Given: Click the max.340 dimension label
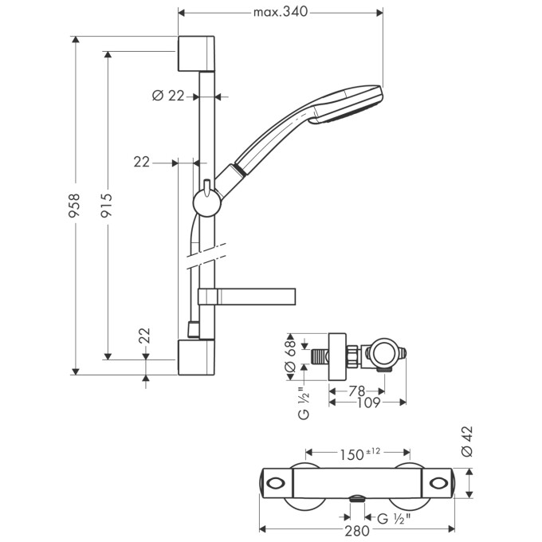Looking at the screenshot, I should (280, 12).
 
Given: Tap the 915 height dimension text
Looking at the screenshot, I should (107, 206).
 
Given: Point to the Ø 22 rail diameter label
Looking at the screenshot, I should (167, 96).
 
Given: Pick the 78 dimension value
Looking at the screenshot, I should (356, 391).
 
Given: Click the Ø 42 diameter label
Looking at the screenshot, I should (468, 440).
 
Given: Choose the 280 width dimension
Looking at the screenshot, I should (358, 529).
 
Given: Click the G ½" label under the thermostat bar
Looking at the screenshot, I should (394, 517).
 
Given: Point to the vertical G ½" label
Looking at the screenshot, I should (304, 403).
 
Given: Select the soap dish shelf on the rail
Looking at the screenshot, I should (247, 296).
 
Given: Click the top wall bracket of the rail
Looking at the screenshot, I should (196, 53).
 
